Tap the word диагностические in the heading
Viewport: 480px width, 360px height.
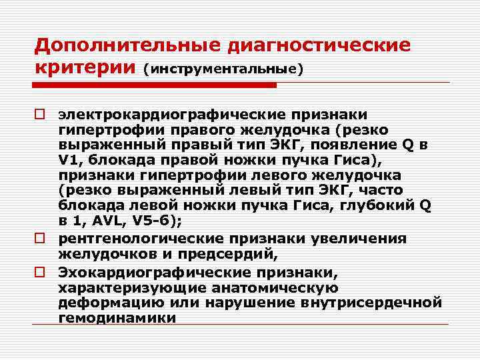pyautogui.click(x=319, y=46)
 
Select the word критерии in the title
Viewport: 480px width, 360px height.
pyautogui.click(x=85, y=68)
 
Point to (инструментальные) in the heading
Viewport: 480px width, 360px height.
pyautogui.click(x=223, y=69)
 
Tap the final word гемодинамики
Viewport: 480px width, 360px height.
pyautogui.click(x=117, y=318)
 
